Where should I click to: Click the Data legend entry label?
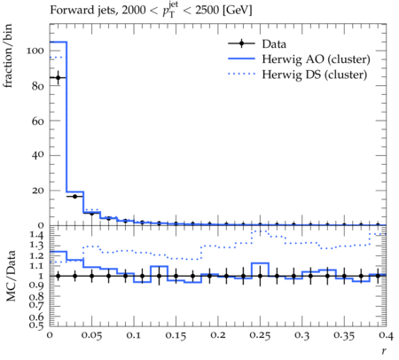(x=274, y=44)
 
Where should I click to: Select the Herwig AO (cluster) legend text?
(x=316, y=59)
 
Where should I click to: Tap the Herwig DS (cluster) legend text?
(x=315, y=74)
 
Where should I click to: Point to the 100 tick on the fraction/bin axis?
(x=35, y=51)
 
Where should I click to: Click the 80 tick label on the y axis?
(x=38, y=86)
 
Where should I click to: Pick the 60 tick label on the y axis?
(x=38, y=121)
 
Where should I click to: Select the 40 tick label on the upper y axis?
(x=38, y=155)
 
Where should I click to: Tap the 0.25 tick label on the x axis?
(x=261, y=336)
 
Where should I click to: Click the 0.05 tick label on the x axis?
(x=92, y=336)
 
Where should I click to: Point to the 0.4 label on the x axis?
(x=387, y=336)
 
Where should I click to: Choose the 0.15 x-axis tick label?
(x=176, y=336)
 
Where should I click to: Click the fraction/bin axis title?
(x=8, y=56)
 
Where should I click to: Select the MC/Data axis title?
(x=11, y=276)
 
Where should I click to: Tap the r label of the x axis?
(x=384, y=351)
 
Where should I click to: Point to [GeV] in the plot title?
(x=237, y=11)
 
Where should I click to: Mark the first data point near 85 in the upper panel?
(x=59, y=78)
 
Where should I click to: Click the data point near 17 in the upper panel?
(x=74, y=196)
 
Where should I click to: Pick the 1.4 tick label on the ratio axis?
(x=37, y=235)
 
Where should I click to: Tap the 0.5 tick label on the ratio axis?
(x=37, y=325)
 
